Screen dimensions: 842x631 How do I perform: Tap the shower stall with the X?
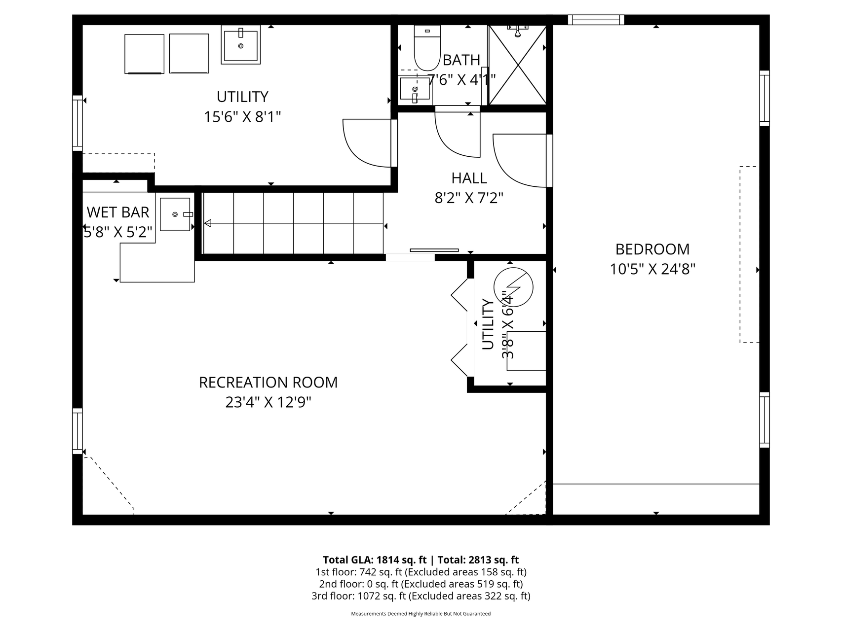point(517,65)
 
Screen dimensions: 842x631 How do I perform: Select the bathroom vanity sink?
point(415,90)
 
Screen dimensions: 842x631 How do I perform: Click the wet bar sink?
point(176,214)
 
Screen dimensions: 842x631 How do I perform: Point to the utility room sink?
point(241,45)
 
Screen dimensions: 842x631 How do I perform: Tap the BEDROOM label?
point(652,249)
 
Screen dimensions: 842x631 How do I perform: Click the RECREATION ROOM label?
point(268,383)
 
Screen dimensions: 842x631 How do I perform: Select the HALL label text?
point(469,178)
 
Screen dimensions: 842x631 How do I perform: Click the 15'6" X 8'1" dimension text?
point(242,117)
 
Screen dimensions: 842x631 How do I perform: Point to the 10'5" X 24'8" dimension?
point(652,269)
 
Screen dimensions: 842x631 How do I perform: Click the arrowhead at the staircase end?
point(208,224)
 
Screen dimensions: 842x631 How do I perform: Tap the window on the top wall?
point(596,20)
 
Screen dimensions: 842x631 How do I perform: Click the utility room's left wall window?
point(77,123)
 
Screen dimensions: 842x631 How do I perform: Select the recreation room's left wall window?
point(77,431)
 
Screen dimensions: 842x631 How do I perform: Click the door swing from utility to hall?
point(368,143)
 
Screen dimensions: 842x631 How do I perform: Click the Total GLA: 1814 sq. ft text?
point(375,560)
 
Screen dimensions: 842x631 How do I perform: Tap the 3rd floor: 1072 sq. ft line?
point(421,596)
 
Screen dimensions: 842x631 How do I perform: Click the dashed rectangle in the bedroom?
point(749,254)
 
